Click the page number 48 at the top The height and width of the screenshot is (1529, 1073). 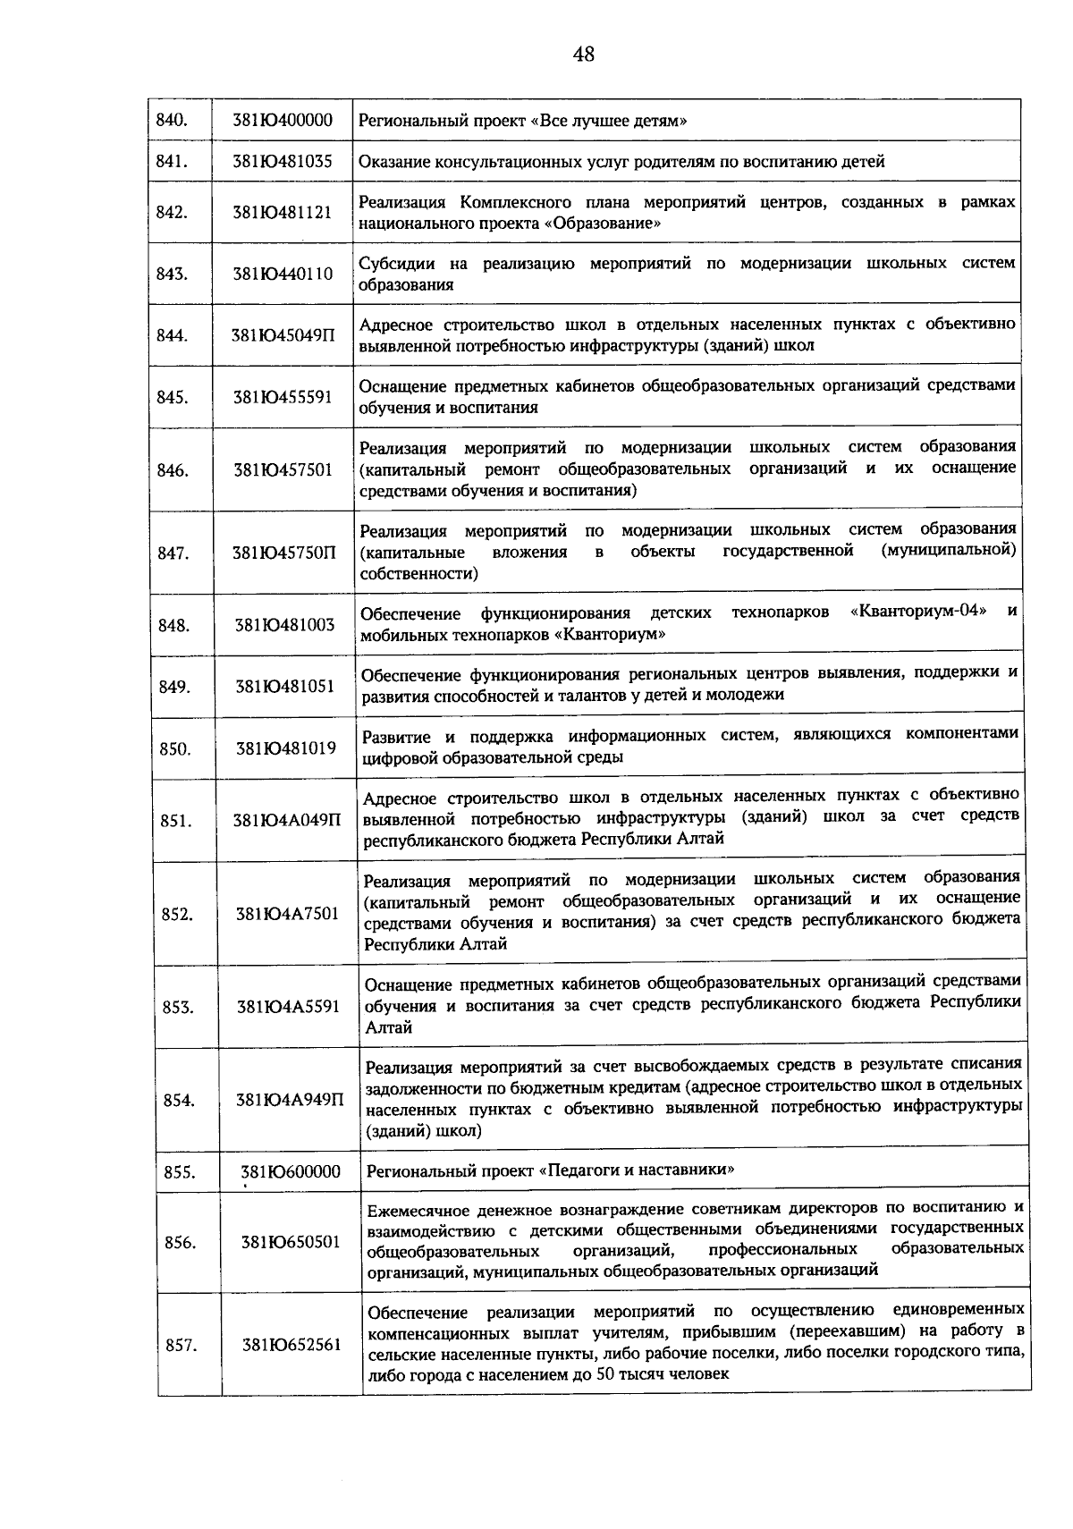[x=583, y=55]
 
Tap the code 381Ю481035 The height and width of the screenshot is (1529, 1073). [x=283, y=162]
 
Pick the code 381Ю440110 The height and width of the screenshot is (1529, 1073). [x=283, y=274]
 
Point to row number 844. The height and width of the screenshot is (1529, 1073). [x=172, y=335]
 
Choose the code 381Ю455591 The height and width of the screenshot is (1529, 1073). [x=283, y=397]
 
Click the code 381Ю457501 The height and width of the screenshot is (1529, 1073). [x=283, y=469]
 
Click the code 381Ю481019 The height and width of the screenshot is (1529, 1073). [x=286, y=748]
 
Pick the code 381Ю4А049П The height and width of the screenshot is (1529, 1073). [x=287, y=820]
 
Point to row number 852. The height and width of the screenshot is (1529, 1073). [x=177, y=913]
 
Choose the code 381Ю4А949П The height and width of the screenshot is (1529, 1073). [x=290, y=1100]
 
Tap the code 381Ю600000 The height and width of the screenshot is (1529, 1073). [x=291, y=1171]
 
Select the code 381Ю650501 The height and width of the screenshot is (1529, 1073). [x=291, y=1242]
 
